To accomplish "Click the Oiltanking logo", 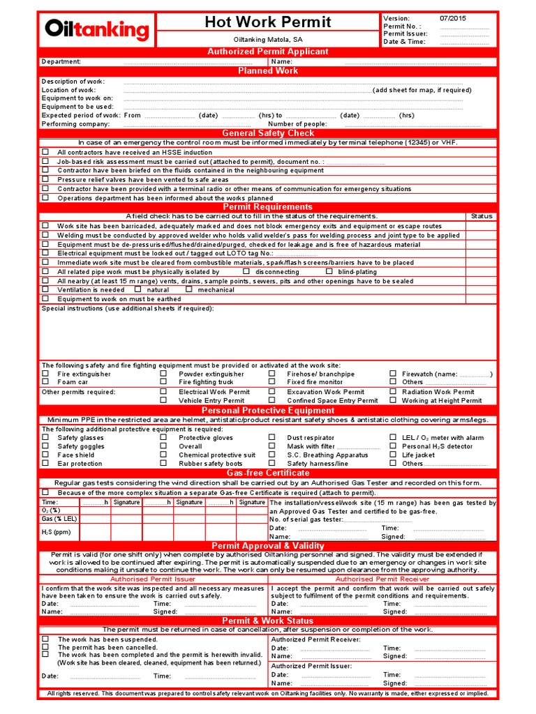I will pos(97,29).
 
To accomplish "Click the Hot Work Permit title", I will pos(268,22).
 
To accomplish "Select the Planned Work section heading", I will pos(268,71).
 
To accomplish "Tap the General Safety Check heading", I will pos(268,133).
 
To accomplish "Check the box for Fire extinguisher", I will pos(45,374).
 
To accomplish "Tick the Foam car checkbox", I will pos(45,382).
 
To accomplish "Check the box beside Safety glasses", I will pos(45,438).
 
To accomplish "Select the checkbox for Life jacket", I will pos(393,455).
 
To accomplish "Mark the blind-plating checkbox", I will pos(329,271).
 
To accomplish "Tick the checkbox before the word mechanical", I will pos(189,289).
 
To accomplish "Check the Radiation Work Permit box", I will pos(393,392).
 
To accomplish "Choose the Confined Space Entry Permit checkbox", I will pos(272,401).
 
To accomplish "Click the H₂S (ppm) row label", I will pos(57,532).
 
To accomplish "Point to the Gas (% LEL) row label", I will pos(59,519).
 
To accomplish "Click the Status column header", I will pos(481,216).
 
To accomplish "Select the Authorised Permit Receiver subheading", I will pos(382,579).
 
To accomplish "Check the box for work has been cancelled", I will pos(45,647).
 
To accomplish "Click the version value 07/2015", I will pos(454,17).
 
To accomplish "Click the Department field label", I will pos(61,61).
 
